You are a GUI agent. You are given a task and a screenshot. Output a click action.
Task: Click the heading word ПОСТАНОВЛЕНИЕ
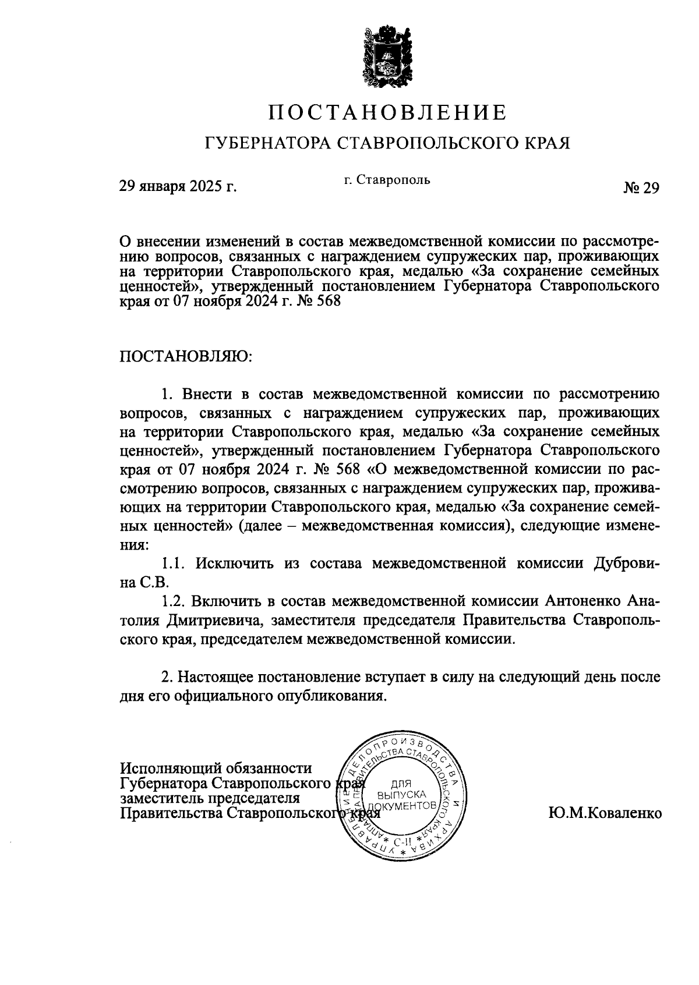[387, 112]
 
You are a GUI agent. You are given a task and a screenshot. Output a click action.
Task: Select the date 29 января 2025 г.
[178, 187]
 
